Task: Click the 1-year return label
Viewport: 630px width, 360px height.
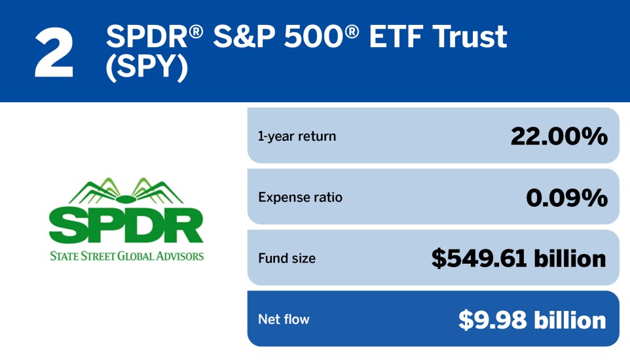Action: coord(297,136)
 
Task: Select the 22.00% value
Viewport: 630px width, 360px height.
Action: coord(559,136)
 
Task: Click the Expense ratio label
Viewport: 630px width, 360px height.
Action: coord(300,197)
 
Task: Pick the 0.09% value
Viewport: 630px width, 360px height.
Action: coord(566,197)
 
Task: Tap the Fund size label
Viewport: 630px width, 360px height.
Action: coord(287,259)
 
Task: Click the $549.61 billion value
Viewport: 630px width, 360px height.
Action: coord(519,259)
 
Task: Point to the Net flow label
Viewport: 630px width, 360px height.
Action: coord(284,319)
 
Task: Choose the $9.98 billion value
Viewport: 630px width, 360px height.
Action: coord(532,319)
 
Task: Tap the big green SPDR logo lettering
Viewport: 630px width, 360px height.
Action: coord(126,226)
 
